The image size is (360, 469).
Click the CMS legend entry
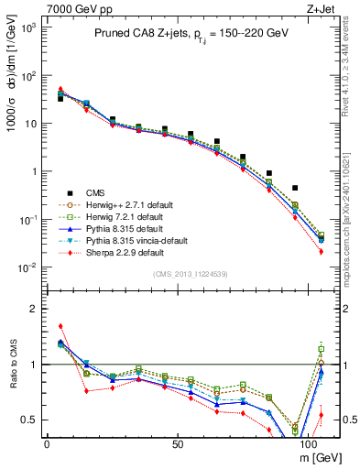[96, 192]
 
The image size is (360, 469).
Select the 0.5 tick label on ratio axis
[27, 420]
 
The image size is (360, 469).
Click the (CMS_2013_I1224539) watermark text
[191, 274]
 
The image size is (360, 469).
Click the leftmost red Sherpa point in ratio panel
[60, 326]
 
